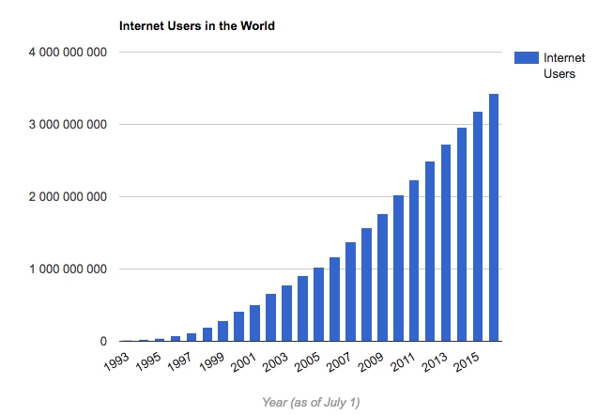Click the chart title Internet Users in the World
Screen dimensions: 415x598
196,26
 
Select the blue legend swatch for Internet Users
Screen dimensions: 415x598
526,58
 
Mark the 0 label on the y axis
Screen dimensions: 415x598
100,342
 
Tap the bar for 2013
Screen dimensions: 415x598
446,243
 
